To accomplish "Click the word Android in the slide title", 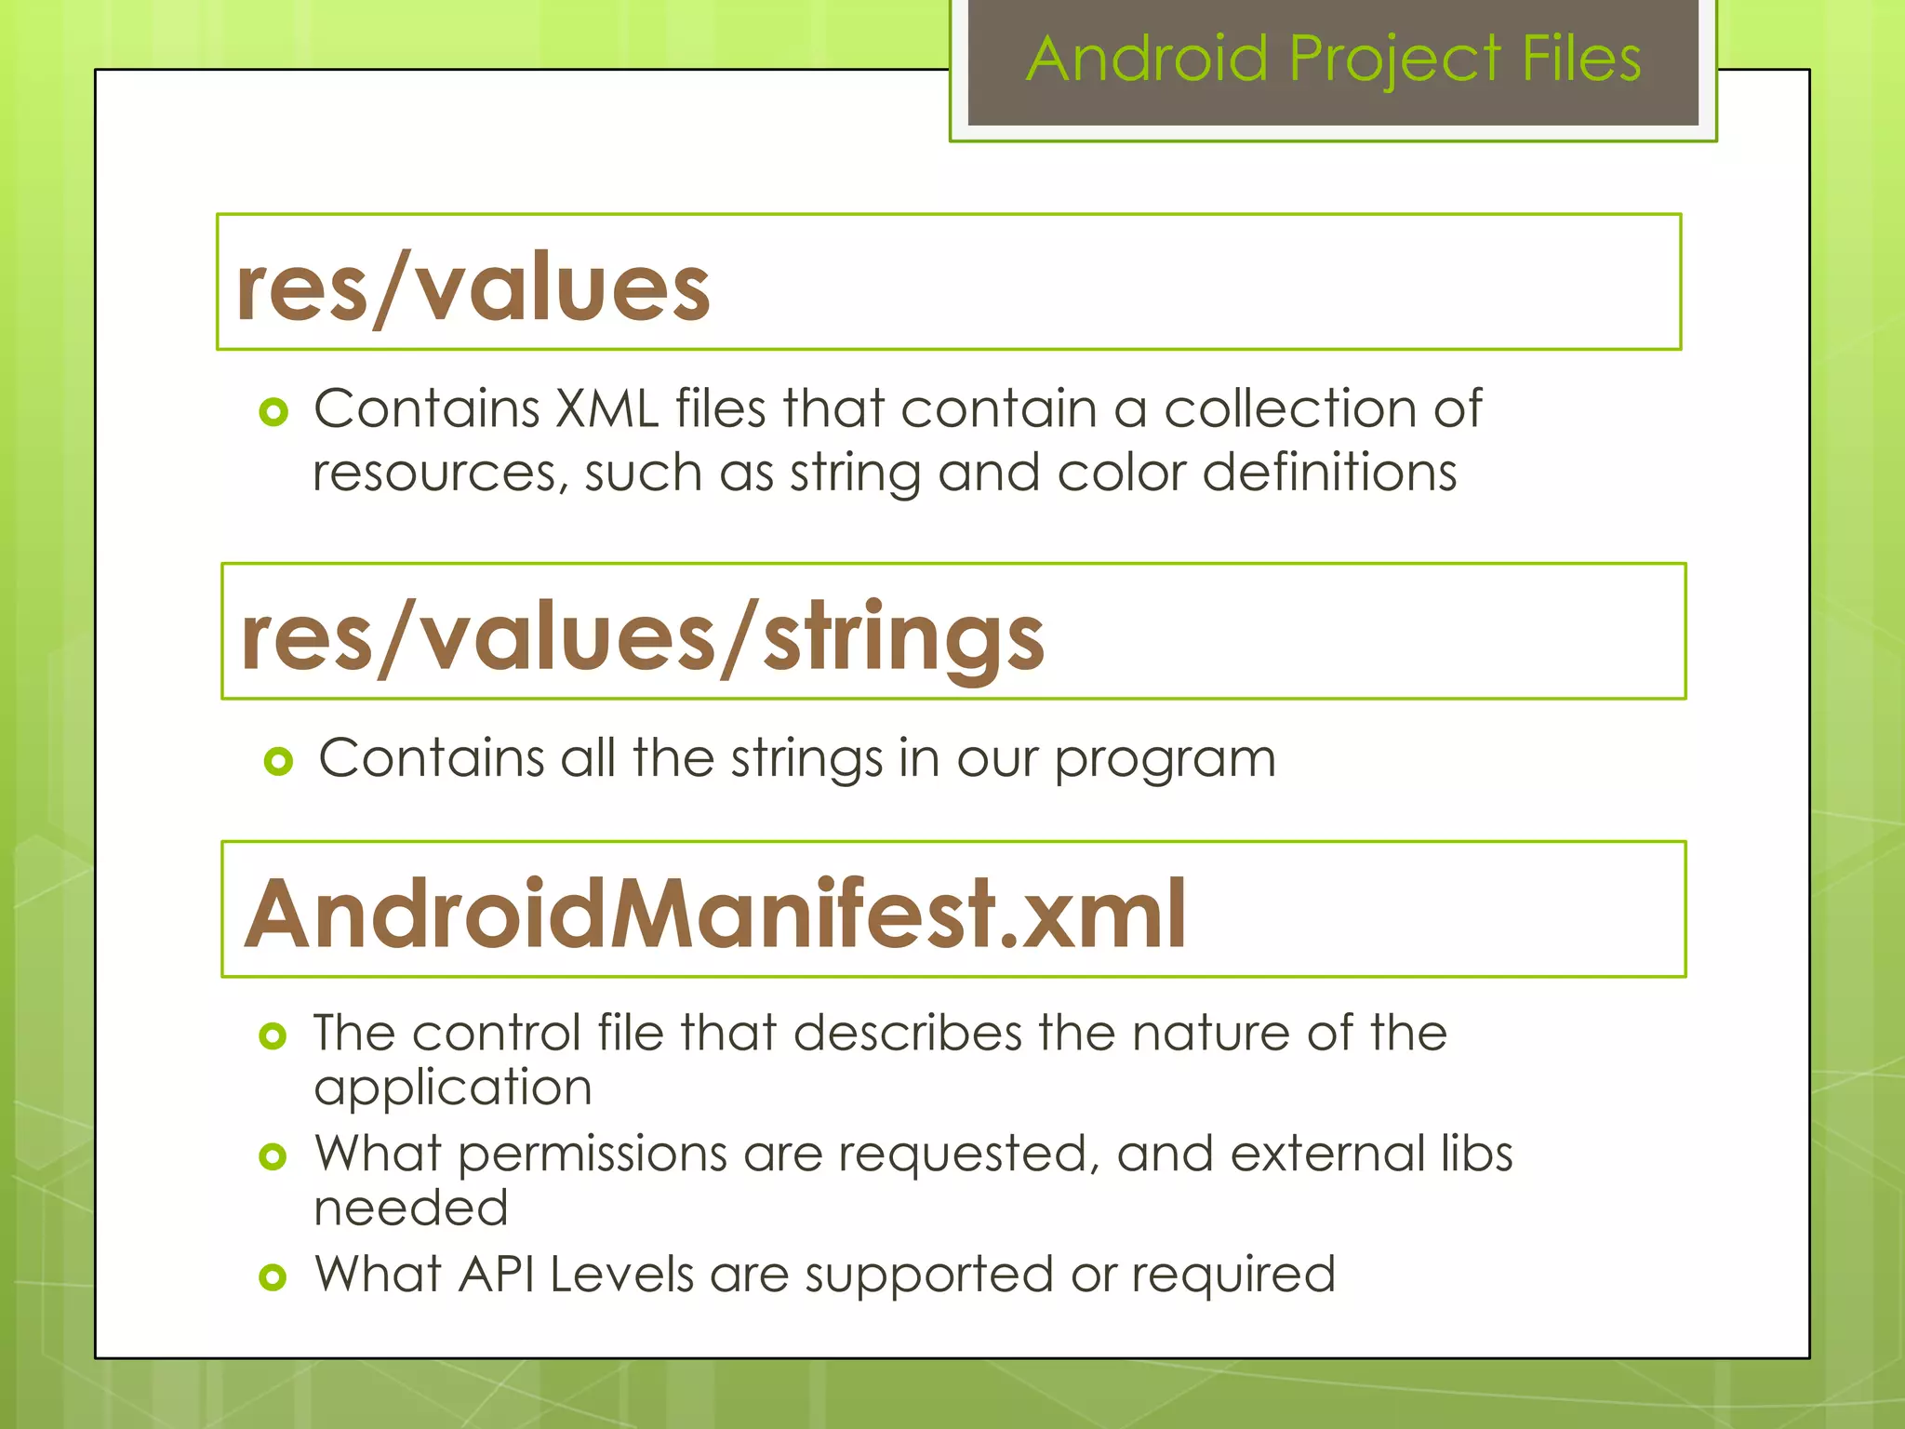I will pos(1148,60).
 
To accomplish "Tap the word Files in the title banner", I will pos(1581,60).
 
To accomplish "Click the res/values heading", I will pos(473,288).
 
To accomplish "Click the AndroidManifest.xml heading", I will pos(714,915).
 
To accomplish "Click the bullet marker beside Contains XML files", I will pos(273,411).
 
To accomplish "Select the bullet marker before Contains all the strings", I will pos(278,762).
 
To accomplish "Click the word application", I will pos(453,1088).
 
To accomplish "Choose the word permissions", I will pos(592,1155).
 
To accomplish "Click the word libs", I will pos(1477,1154).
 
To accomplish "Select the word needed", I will pos(411,1209).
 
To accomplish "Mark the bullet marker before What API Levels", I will pos(273,1277).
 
